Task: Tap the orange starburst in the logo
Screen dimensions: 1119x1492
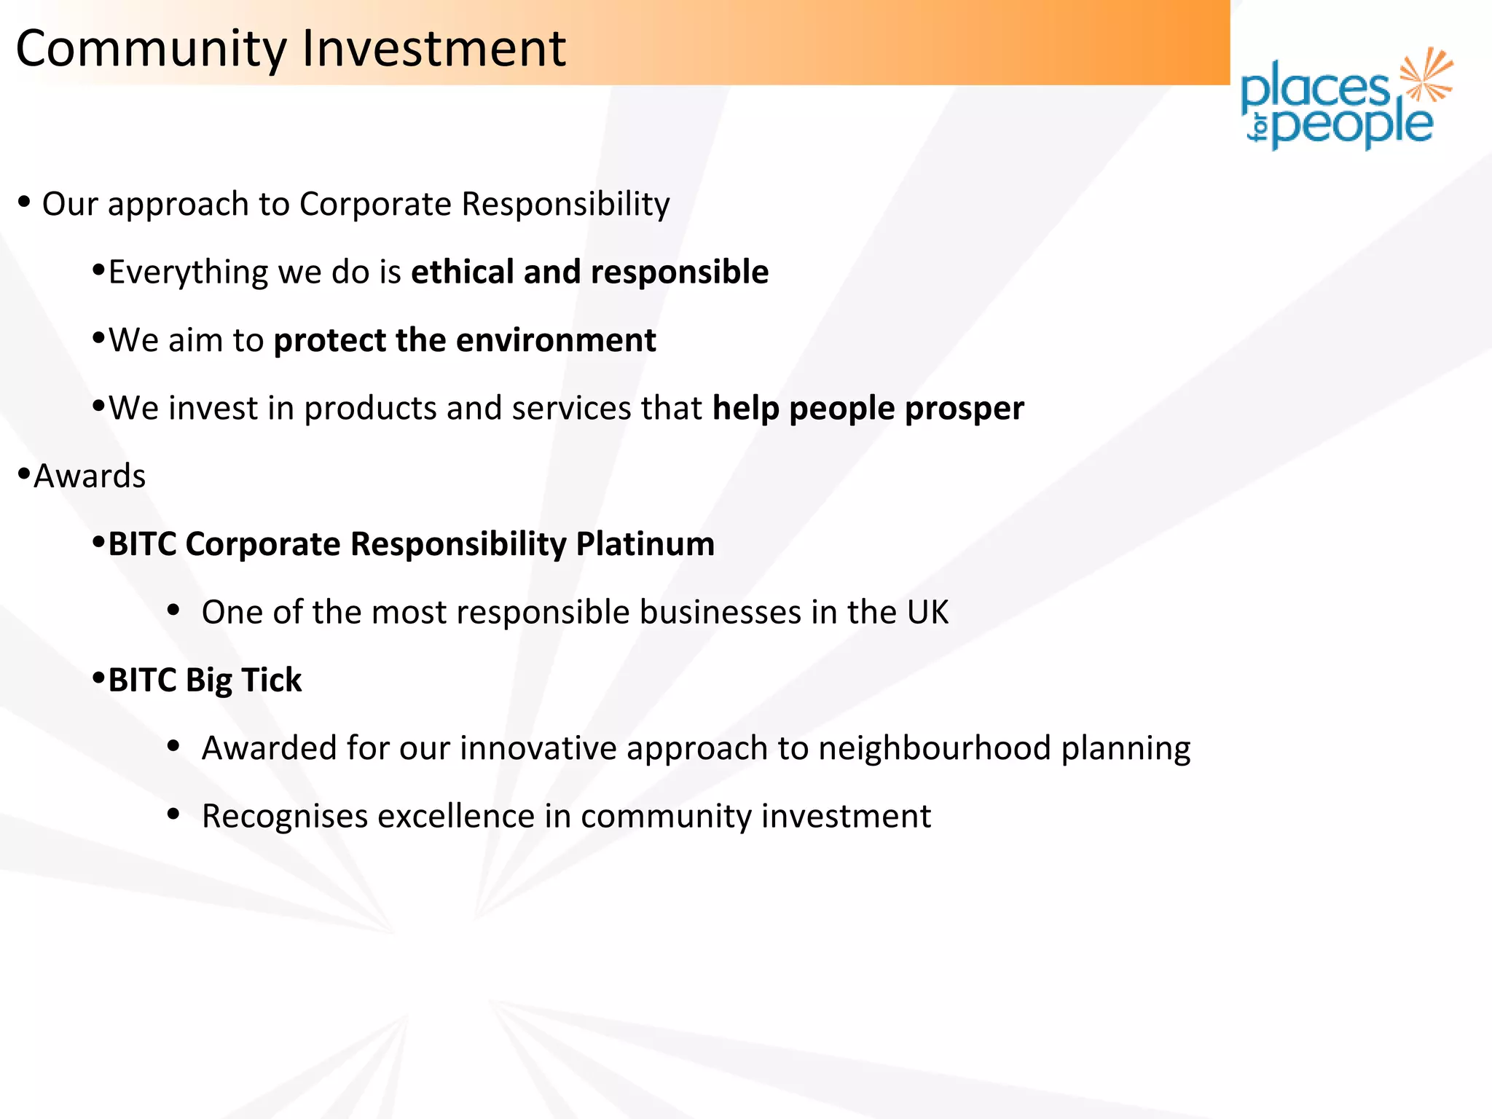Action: point(1426,74)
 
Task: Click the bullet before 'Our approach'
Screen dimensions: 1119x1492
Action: point(25,202)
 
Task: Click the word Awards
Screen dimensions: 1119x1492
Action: point(90,476)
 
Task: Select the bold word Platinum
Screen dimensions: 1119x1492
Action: point(645,544)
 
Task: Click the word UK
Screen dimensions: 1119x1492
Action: point(927,612)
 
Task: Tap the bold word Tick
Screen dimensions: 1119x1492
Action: point(271,680)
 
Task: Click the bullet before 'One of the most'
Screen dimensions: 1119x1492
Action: point(173,610)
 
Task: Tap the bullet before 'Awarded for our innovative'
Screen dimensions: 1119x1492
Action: point(173,746)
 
